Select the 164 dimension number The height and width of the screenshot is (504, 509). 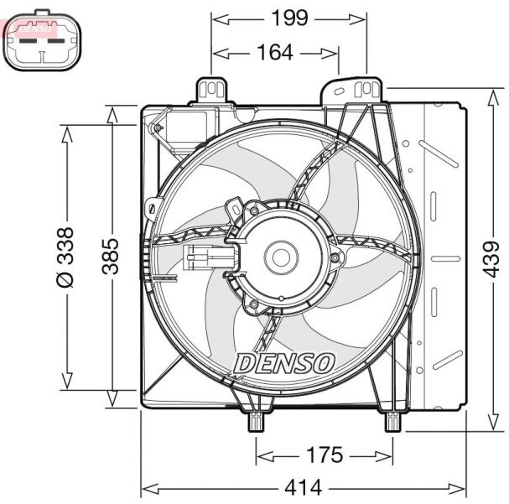coord(275,52)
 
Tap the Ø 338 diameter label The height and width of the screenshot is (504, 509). coord(66,257)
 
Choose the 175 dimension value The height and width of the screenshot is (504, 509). coord(325,455)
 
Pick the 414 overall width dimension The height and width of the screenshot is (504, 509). coord(304,486)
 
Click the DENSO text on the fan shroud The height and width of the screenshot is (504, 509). coord(284,363)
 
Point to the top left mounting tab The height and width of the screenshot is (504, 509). coord(211,89)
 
